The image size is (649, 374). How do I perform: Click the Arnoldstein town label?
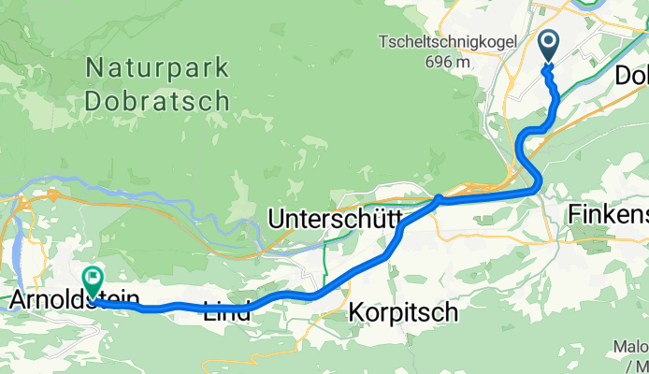coord(74,301)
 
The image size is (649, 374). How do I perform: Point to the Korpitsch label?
coord(404,311)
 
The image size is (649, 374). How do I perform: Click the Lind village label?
coord(227,311)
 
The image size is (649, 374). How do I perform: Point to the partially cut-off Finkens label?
coord(608,215)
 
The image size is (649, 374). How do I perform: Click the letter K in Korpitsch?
coord(357,311)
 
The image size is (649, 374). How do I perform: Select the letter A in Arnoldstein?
coord(17,301)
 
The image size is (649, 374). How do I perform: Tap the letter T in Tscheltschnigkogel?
coord(383,42)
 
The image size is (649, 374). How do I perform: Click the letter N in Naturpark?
coord(94,67)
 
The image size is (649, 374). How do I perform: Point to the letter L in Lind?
coord(209,311)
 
